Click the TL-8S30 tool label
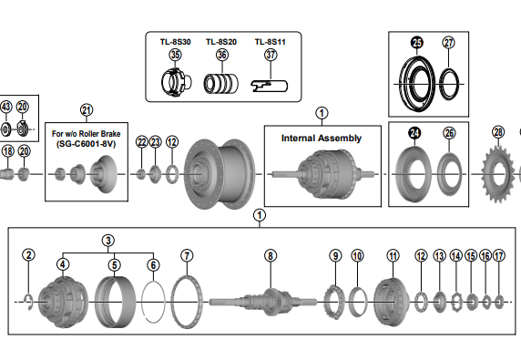click(x=175, y=42)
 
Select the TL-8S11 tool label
click(x=270, y=42)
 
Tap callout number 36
click(x=222, y=55)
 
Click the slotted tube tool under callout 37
click(x=269, y=86)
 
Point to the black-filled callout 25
click(x=416, y=43)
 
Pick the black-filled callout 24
click(x=414, y=133)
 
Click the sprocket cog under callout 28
click(x=497, y=174)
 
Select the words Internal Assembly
click(x=322, y=139)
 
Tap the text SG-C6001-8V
click(x=86, y=144)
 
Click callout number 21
click(x=87, y=110)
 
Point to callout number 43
click(x=6, y=107)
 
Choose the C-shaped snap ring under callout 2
click(x=28, y=303)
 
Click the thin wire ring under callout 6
click(x=153, y=302)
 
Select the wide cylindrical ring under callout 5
click(x=115, y=302)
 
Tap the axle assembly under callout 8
click(x=262, y=302)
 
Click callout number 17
click(x=499, y=255)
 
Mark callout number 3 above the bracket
click(x=108, y=241)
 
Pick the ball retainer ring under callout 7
click(x=187, y=302)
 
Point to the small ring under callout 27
click(x=449, y=84)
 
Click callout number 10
click(x=357, y=255)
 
